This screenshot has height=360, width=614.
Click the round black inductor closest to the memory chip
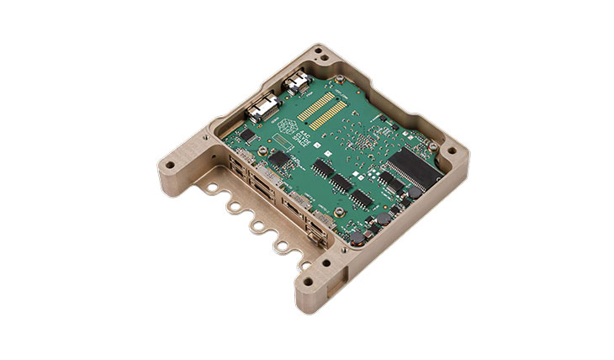click(413, 193)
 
